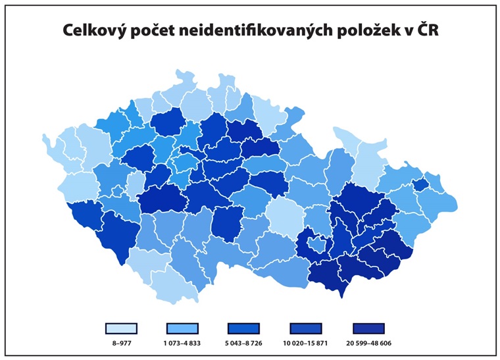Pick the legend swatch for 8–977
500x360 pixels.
(x=120, y=328)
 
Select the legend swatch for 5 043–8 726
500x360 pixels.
(x=244, y=328)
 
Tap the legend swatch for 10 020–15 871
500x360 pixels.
(x=306, y=328)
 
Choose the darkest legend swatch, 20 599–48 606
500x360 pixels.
(x=368, y=328)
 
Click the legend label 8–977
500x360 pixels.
(x=120, y=343)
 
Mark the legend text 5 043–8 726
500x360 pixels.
(x=244, y=343)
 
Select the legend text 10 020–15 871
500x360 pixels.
(x=306, y=343)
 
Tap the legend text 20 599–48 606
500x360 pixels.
(x=368, y=343)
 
